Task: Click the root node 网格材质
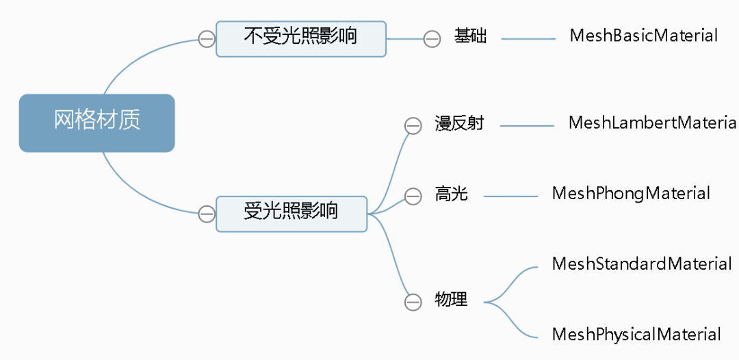point(97,123)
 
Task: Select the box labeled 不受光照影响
point(300,38)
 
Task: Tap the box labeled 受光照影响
point(291,214)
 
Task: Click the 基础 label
point(471,36)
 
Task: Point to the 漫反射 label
point(459,124)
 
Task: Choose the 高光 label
point(452,194)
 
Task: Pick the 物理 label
point(452,299)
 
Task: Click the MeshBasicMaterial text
point(644,36)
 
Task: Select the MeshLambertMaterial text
point(652,123)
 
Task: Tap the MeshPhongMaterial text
point(631,194)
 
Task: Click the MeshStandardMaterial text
point(642,264)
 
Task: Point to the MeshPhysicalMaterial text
point(636,335)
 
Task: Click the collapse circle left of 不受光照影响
point(207,39)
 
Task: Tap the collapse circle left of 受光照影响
point(207,214)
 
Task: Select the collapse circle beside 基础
point(432,39)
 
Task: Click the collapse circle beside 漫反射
point(413,126)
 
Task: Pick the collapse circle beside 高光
point(413,197)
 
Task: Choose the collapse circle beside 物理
point(413,302)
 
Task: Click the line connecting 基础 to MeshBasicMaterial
point(528,39)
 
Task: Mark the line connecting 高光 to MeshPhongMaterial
point(510,197)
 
